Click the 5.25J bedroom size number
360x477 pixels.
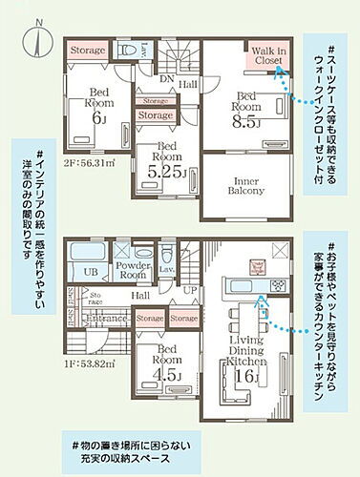coord(165,174)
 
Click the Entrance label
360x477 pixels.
coord(108,317)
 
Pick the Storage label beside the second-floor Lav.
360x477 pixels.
coord(87,49)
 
